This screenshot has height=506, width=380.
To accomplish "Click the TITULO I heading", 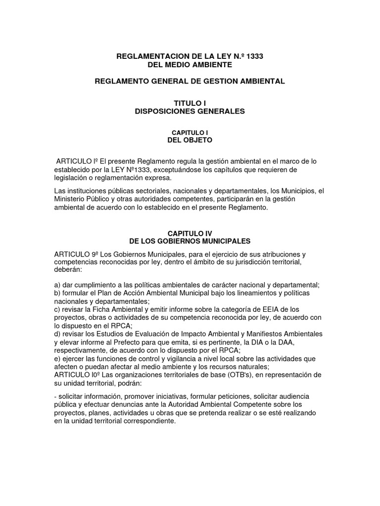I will [190, 103].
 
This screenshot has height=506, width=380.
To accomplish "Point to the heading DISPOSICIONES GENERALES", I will [190, 111].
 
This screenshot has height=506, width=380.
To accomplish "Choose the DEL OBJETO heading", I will [190, 140].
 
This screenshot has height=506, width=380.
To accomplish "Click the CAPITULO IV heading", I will [190, 233].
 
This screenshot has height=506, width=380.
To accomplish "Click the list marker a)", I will [57, 285].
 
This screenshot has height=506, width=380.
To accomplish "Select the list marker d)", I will [57, 333].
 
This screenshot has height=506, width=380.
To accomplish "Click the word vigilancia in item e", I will [183, 358].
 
